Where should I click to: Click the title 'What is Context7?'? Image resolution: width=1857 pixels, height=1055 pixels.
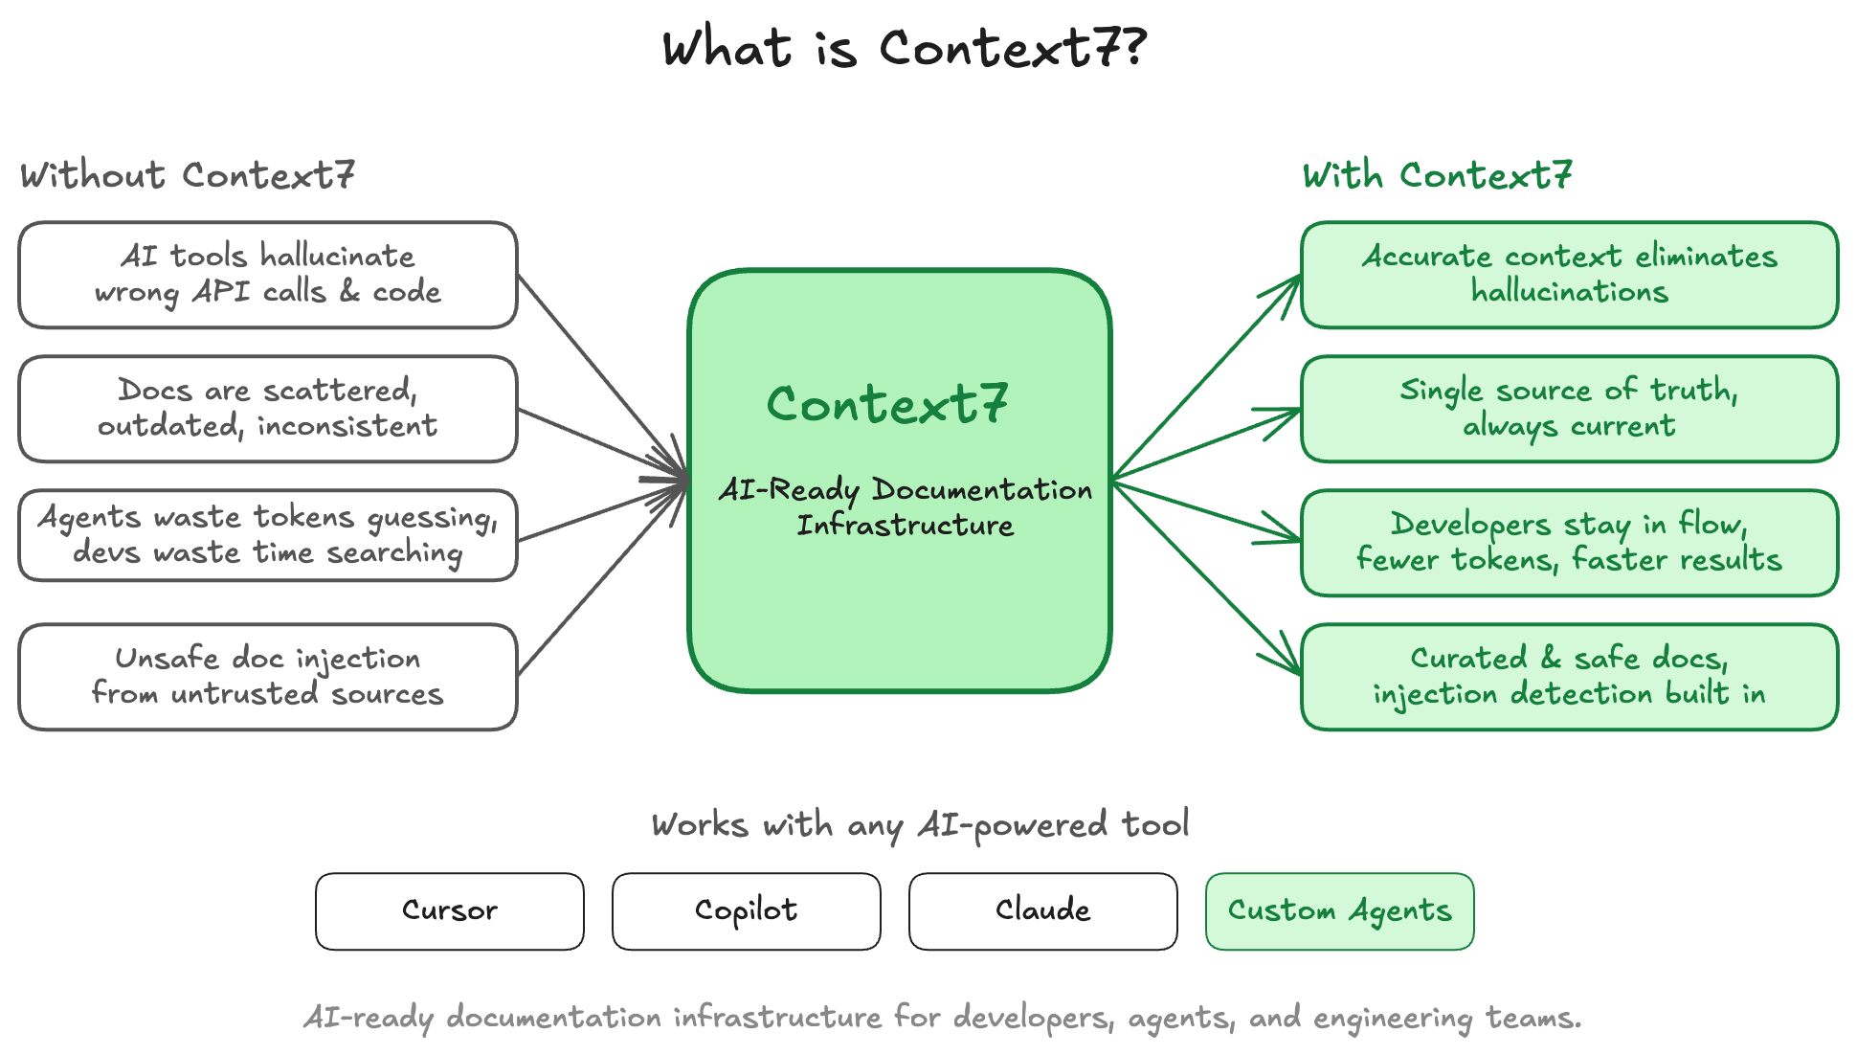click(x=904, y=48)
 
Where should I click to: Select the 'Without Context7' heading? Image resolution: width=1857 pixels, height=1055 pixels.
click(x=188, y=175)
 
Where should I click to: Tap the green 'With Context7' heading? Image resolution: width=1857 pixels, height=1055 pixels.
click(x=1437, y=175)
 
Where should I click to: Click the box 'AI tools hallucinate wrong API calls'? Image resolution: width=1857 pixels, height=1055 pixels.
click(x=268, y=275)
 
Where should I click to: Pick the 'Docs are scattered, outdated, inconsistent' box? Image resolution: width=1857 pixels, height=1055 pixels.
click(x=268, y=409)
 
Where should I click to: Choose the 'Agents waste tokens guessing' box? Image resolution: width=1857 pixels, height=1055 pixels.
click(x=268, y=535)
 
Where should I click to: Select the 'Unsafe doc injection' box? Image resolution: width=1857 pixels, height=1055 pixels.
click(x=268, y=677)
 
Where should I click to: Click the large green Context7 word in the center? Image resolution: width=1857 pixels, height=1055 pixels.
click(x=887, y=404)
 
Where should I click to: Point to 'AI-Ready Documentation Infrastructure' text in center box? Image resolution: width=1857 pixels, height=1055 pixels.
click(x=905, y=507)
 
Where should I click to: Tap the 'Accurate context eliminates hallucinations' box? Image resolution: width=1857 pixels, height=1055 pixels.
click(x=1569, y=275)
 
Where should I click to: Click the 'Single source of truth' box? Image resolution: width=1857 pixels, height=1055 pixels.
click(x=1569, y=409)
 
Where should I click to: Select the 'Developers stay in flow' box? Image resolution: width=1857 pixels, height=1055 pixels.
click(x=1569, y=543)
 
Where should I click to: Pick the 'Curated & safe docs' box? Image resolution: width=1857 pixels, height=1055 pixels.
click(x=1569, y=677)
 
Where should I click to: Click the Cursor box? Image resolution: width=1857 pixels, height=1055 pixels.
click(x=450, y=910)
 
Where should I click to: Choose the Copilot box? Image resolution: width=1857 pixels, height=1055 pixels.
click(x=747, y=910)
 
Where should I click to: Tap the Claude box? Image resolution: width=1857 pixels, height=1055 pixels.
click(x=1043, y=910)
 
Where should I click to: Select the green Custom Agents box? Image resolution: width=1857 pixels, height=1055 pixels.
click(x=1339, y=910)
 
